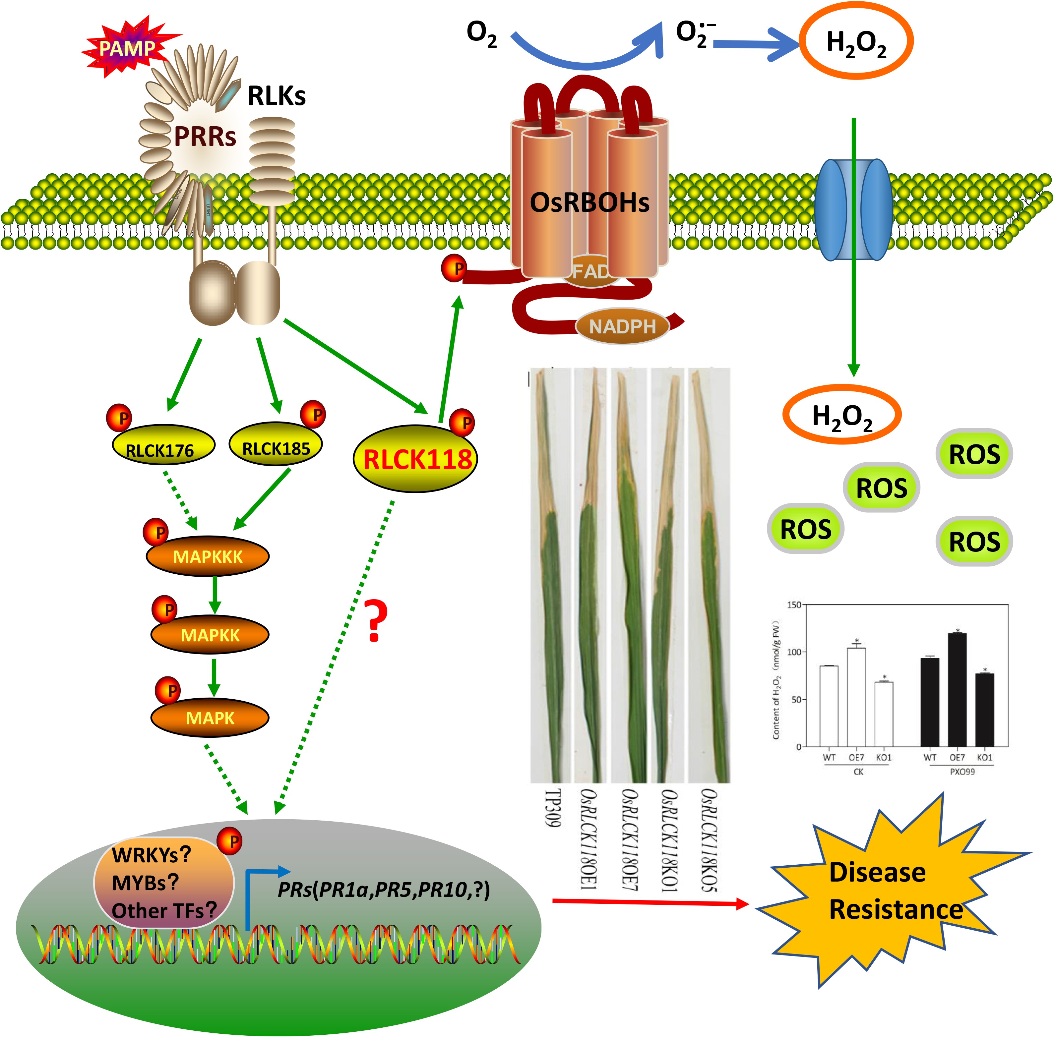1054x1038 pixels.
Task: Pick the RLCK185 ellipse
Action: pos(276,444)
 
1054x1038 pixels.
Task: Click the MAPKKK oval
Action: pos(207,556)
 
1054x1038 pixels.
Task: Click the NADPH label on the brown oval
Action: pos(622,326)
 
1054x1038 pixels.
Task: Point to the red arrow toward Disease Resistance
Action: pos(649,903)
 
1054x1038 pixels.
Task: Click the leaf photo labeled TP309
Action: pos(550,575)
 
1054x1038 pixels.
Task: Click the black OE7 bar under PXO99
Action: pos(957,690)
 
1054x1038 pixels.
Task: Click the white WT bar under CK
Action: pos(829,706)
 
